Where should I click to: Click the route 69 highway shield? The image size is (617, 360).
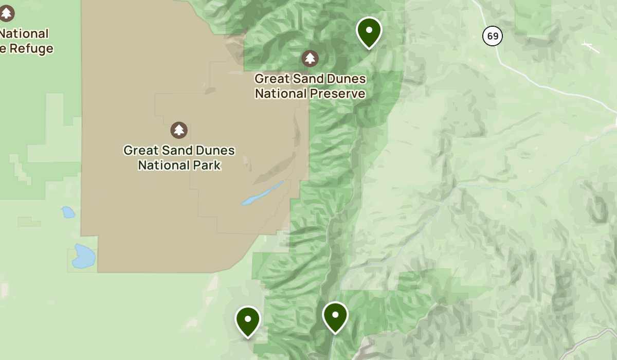[493, 36]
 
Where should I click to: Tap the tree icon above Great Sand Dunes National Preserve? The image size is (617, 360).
[310, 58]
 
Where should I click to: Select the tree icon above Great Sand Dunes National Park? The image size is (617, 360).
[178, 130]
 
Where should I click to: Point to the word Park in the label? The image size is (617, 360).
[209, 165]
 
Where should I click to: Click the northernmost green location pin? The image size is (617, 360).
[369, 31]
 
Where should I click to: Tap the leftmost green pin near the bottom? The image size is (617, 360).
[248, 320]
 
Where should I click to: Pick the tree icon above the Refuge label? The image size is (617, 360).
[6, 13]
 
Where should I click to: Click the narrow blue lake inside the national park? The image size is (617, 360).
[263, 193]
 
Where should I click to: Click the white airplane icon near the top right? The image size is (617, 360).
[591, 47]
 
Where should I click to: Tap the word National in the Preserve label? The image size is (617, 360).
[280, 94]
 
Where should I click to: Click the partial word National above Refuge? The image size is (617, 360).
[25, 34]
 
